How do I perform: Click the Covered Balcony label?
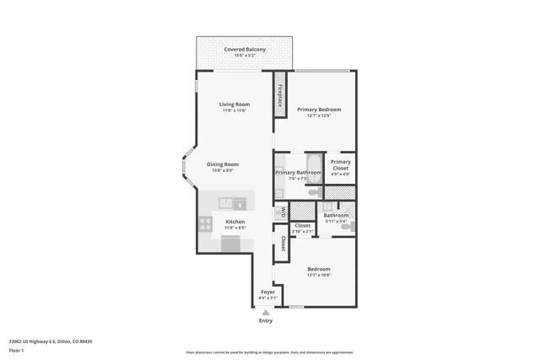[x=244, y=50]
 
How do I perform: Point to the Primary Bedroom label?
[x=318, y=110]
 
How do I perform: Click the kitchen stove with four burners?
[x=204, y=223]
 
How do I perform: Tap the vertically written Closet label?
[x=283, y=244]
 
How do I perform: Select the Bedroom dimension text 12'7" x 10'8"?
[x=318, y=274]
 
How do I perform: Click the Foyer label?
[x=267, y=292]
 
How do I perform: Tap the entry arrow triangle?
[x=266, y=313]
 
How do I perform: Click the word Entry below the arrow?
[x=266, y=321]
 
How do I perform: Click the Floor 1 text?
[x=16, y=351]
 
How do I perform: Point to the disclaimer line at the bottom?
[x=269, y=352]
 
